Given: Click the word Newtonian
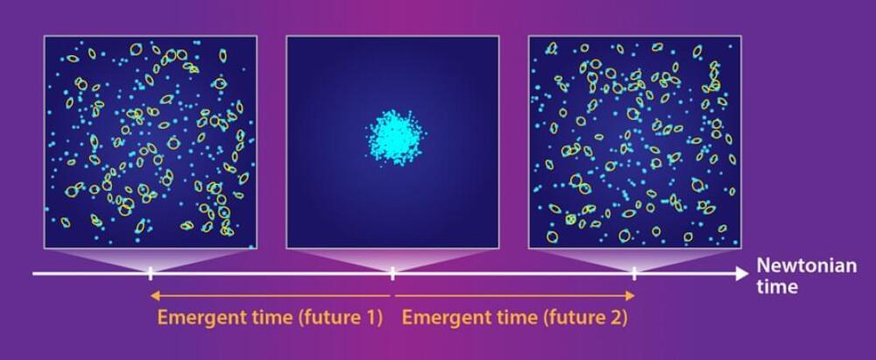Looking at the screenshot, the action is click(806, 265).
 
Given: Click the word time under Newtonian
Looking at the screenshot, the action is click(777, 286).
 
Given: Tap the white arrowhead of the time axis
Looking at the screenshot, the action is click(741, 273).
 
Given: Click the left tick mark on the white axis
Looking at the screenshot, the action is click(151, 274).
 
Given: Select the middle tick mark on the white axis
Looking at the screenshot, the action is click(392, 274).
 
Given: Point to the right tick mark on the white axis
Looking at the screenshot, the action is click(634, 274).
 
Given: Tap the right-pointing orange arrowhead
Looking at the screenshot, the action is click(630, 296).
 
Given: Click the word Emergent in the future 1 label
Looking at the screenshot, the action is click(194, 318).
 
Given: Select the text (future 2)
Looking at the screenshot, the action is click(584, 318).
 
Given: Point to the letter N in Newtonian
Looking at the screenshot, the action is click(763, 265).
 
